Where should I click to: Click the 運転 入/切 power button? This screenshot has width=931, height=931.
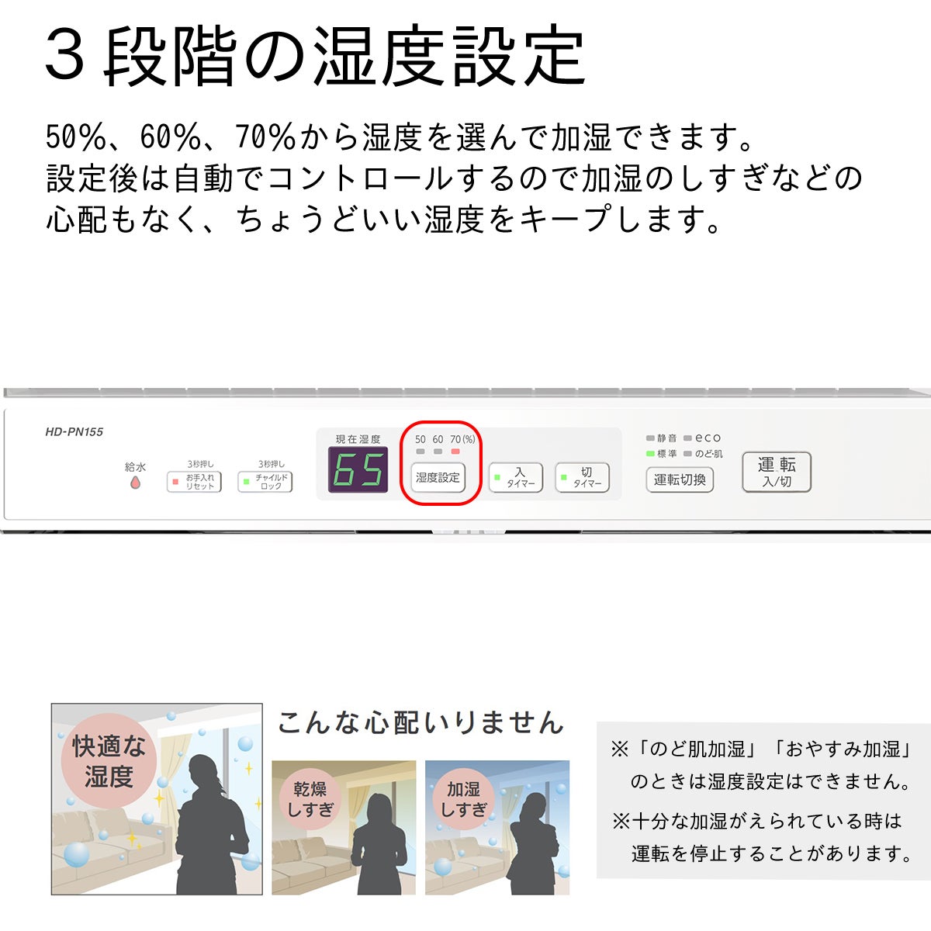pos(777,472)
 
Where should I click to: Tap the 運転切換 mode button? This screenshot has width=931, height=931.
pos(680,479)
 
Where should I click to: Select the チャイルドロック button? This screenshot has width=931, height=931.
pos(265,482)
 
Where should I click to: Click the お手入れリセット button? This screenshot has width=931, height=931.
pos(194,482)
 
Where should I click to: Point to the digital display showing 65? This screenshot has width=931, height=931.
pos(358,469)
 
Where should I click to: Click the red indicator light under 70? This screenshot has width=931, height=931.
pos(455,452)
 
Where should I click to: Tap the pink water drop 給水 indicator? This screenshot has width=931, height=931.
pos(135,483)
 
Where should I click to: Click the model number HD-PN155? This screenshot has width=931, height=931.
pos(74,432)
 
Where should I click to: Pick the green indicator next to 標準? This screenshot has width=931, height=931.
pos(650,454)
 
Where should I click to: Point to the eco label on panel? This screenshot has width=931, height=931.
pos(708,438)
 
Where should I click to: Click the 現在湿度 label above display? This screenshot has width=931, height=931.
pos(358,439)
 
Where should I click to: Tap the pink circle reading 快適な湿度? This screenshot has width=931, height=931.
pos(109,761)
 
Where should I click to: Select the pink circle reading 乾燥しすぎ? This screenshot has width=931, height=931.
pos(310,799)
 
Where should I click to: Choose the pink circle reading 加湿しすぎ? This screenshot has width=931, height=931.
pos(463,799)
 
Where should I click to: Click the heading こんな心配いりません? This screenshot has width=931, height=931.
pos(421,723)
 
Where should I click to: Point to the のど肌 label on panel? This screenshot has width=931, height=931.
pos(709,454)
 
